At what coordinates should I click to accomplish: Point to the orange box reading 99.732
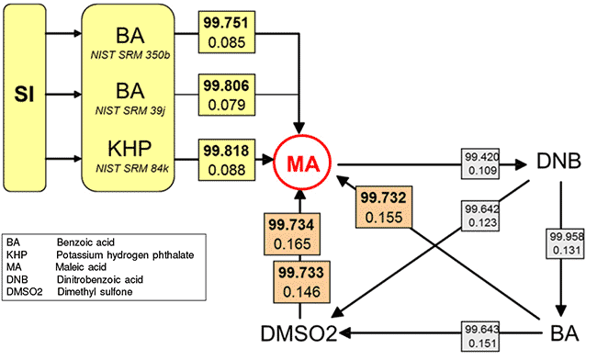click(386, 206)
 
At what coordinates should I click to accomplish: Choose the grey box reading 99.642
click(482, 214)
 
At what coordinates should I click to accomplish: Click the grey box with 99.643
click(482, 334)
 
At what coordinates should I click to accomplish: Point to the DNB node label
click(559, 163)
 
